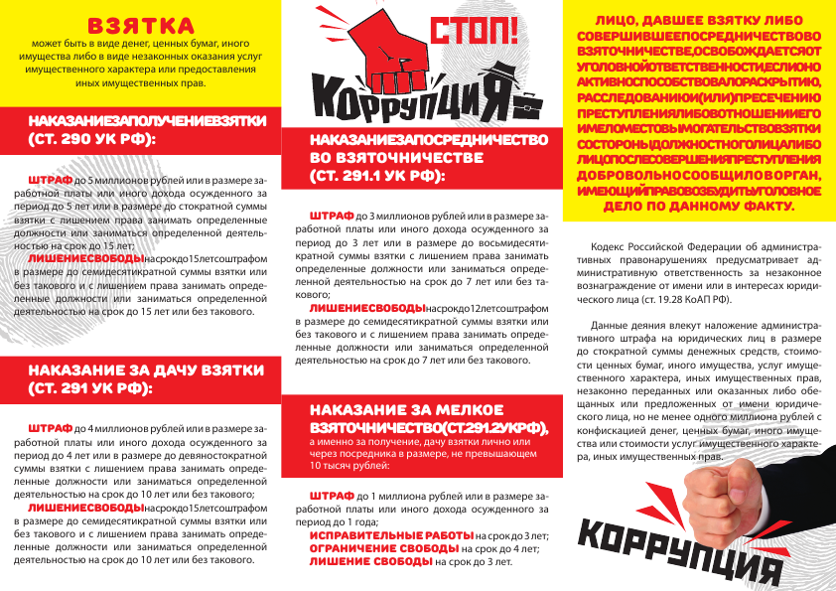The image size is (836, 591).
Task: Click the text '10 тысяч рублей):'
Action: [347, 464]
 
